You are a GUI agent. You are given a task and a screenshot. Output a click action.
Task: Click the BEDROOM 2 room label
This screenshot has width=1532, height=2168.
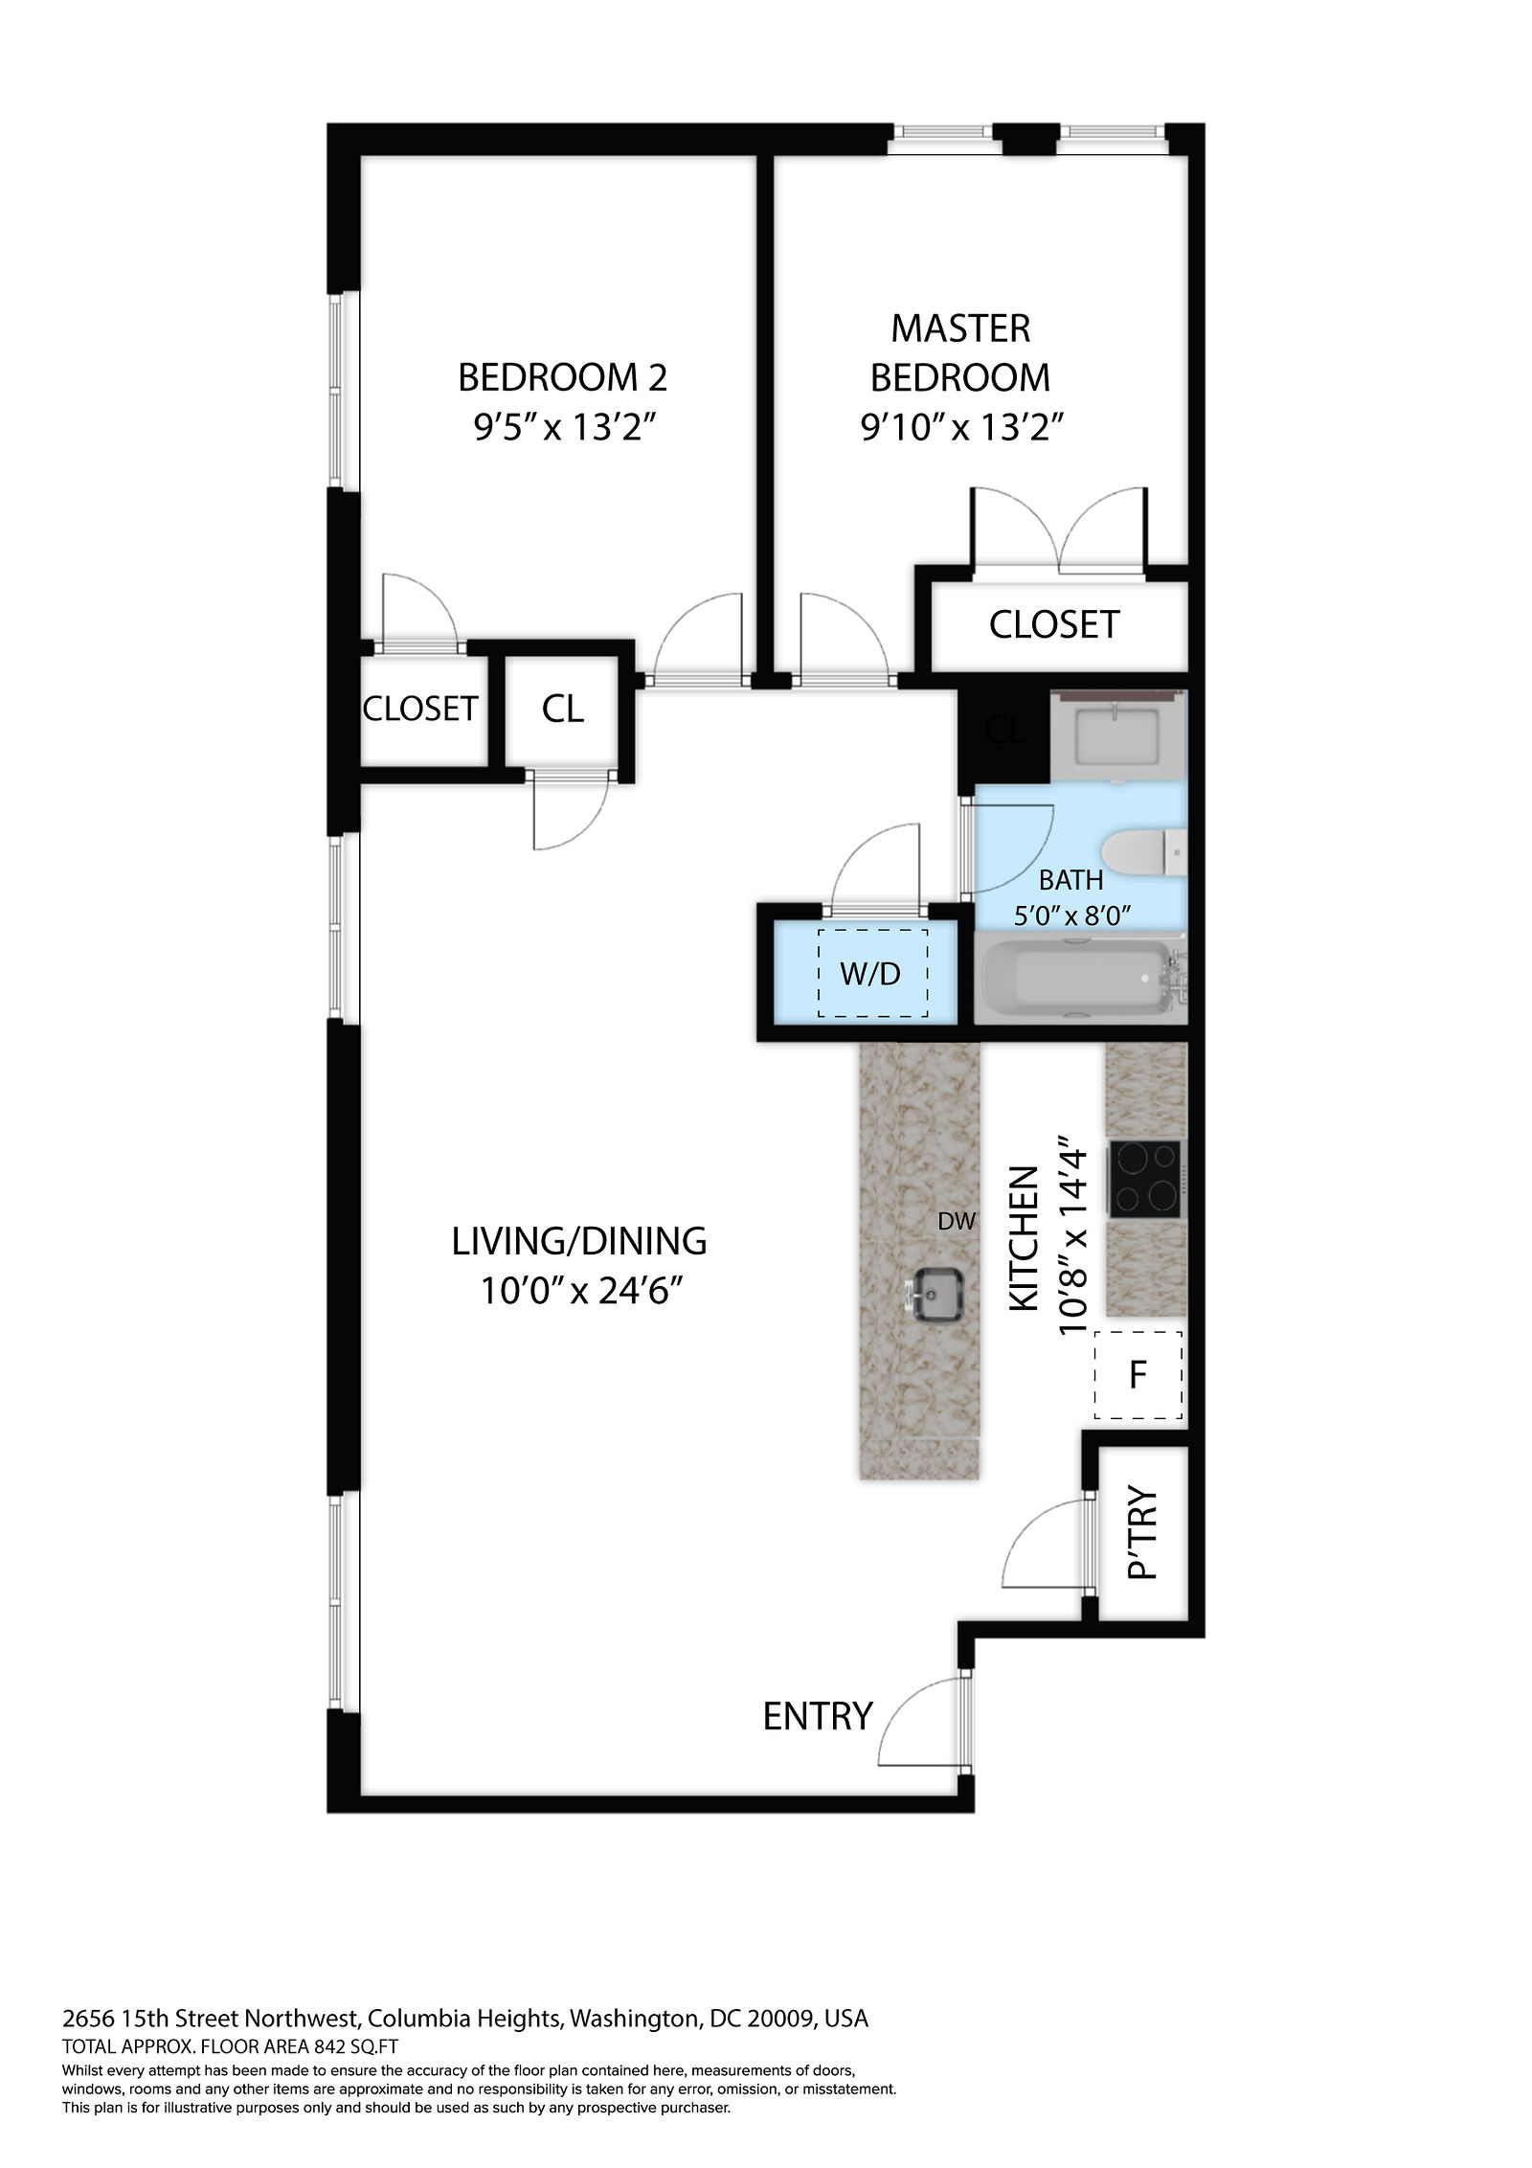coord(562,377)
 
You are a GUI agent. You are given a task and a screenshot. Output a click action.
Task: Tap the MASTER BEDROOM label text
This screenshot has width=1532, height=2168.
coord(960,352)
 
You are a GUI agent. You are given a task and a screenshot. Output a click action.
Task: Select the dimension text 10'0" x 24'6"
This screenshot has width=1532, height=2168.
coord(583,1292)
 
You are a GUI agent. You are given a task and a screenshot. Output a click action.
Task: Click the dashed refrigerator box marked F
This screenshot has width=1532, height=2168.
coord(1138,1375)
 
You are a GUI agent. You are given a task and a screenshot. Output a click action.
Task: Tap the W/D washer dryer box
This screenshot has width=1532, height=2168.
coord(871,973)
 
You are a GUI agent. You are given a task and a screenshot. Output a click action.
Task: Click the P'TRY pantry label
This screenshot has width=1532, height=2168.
coord(1143,1534)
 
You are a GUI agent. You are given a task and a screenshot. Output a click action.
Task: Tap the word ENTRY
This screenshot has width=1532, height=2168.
coord(818,1716)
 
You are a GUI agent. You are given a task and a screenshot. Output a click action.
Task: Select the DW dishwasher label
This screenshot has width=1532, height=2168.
coord(957,1221)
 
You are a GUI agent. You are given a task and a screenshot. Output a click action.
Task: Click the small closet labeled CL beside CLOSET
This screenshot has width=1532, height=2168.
coord(563,709)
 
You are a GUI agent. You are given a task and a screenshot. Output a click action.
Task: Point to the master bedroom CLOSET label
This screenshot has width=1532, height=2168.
coord(1054,624)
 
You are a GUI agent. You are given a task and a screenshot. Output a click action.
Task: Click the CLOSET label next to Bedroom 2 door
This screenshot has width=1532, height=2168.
coord(420,709)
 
